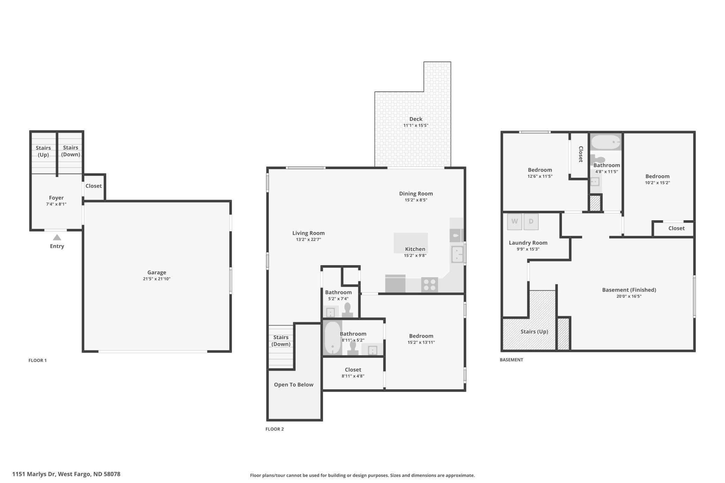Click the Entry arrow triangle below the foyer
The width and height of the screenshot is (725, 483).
(57, 237)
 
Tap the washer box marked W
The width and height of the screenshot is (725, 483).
(514, 222)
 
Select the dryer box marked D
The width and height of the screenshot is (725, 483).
(531, 222)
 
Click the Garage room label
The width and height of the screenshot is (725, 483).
(157, 273)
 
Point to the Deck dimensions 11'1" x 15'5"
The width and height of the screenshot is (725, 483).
(416, 125)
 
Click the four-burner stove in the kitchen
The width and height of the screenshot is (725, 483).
(429, 284)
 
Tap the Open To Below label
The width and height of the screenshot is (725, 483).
(293, 385)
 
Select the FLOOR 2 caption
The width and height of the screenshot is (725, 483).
(275, 429)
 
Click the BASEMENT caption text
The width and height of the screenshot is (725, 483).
(511, 360)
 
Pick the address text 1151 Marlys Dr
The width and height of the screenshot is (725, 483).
(34, 474)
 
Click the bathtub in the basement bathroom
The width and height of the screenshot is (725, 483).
(606, 142)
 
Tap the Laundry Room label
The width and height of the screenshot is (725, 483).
(528, 243)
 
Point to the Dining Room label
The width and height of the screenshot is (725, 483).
(416, 193)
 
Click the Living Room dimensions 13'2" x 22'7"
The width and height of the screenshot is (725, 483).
(308, 240)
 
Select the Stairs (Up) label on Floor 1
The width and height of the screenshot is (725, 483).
(43, 151)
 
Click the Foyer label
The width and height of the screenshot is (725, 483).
(56, 198)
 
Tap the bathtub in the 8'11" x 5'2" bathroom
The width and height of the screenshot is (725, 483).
(333, 337)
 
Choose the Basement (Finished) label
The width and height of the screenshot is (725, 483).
(629, 290)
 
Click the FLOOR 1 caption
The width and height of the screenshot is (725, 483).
(38, 360)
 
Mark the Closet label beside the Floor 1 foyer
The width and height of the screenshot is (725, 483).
(94, 186)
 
